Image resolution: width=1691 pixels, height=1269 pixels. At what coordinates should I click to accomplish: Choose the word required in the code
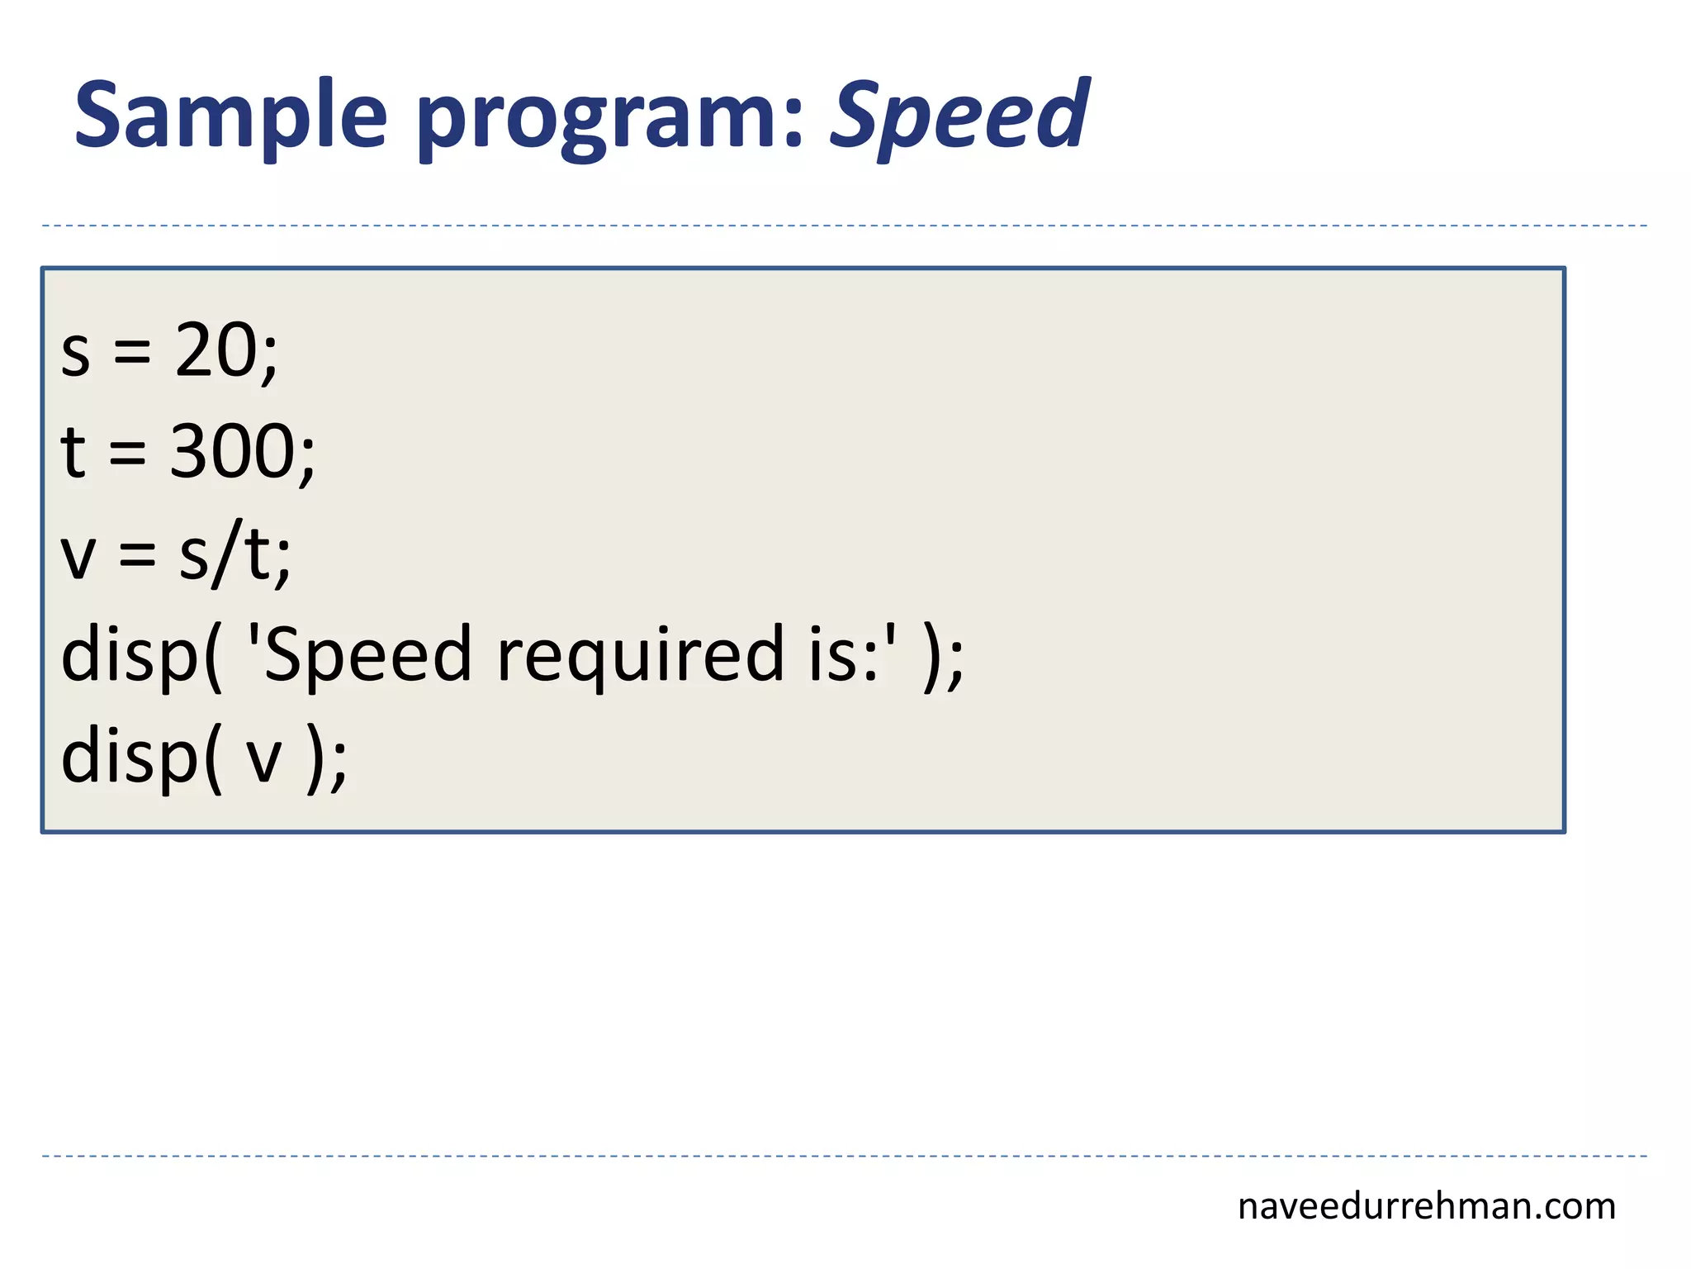click(x=640, y=656)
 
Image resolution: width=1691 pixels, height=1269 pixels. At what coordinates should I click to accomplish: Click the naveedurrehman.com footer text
click(x=1426, y=1206)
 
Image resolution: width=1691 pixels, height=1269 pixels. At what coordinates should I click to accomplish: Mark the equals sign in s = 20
click(x=132, y=353)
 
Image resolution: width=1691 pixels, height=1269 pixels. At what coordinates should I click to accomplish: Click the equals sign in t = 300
click(x=127, y=454)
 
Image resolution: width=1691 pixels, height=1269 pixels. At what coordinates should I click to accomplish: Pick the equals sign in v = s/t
click(x=137, y=556)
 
